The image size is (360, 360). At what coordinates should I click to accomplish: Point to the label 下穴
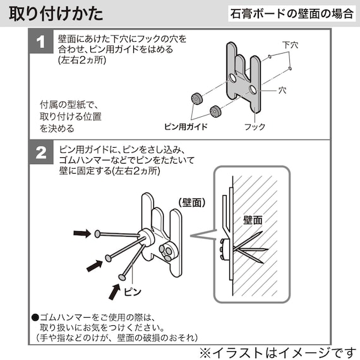click(290, 45)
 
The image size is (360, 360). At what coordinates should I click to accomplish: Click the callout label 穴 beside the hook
click(282, 91)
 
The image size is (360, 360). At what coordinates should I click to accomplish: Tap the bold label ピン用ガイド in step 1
click(186, 126)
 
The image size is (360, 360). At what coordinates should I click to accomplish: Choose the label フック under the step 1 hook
click(255, 126)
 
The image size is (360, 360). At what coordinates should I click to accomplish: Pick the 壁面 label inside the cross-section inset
click(253, 220)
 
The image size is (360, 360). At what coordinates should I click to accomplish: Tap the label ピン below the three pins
click(131, 292)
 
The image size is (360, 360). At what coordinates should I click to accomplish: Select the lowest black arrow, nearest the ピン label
click(114, 291)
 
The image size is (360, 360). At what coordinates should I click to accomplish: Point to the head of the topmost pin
click(98, 234)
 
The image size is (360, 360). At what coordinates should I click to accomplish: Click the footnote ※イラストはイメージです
click(277, 351)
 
